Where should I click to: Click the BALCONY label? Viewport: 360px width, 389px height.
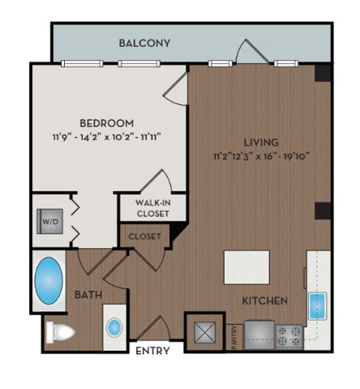tap(144, 43)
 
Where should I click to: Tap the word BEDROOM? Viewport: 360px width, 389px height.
tap(107, 123)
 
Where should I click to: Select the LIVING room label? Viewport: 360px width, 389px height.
tap(261, 142)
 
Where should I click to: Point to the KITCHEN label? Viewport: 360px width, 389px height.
tap(264, 301)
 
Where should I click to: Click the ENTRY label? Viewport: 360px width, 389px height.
tap(152, 351)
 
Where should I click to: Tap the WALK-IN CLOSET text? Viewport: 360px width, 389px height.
tap(153, 208)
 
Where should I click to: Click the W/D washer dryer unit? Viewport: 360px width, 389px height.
tap(50, 221)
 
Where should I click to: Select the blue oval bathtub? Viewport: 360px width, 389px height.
tap(49, 280)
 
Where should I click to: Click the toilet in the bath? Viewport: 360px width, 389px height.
tap(60, 332)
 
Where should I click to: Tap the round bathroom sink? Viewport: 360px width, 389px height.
tap(114, 327)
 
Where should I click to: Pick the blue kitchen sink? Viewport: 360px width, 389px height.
tap(317, 306)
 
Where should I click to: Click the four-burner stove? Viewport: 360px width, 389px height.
tap(289, 336)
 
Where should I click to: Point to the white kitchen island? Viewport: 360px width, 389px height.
tap(246, 267)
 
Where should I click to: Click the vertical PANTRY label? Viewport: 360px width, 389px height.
tap(234, 337)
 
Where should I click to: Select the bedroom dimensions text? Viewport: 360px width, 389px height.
tap(107, 137)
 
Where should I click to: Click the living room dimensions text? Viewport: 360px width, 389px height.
tap(261, 156)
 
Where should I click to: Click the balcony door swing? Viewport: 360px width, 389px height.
tap(251, 52)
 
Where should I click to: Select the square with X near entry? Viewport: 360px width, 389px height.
tap(205, 332)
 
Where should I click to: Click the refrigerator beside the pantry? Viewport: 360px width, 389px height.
tap(259, 335)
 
